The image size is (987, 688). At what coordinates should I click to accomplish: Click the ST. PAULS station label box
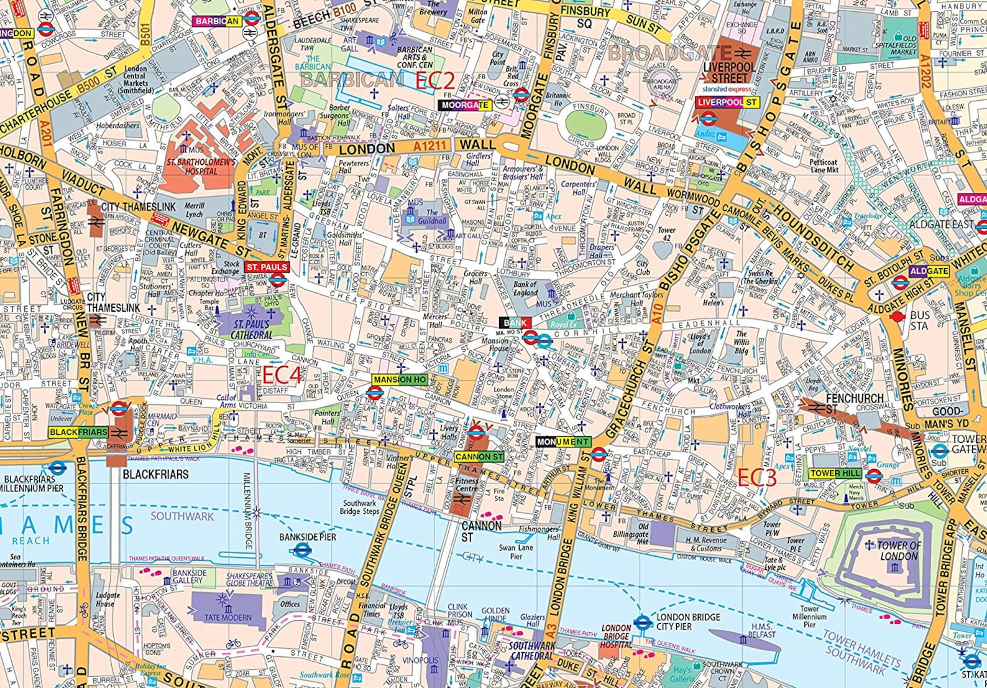[267, 267]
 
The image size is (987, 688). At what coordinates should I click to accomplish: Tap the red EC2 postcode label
[435, 81]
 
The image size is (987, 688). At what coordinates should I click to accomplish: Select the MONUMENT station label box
[563, 442]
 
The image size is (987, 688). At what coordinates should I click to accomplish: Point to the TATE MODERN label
[228, 618]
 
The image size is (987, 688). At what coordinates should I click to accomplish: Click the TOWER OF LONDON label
[899, 551]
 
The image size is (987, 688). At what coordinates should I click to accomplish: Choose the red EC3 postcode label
[756, 478]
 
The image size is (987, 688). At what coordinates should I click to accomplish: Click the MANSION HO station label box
[400, 379]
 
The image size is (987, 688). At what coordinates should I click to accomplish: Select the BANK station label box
[515, 322]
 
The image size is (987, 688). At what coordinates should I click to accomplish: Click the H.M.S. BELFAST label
[763, 630]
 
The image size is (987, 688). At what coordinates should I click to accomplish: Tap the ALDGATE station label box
[929, 271]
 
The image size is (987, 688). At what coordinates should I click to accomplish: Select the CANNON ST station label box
[479, 457]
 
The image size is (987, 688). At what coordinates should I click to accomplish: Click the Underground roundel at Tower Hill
[874, 476]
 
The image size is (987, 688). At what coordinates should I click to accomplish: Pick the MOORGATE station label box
[465, 105]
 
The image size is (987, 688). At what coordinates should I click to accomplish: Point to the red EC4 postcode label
[282, 375]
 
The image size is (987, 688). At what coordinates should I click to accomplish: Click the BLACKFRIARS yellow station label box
[78, 432]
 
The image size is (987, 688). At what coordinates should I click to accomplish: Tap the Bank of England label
[525, 289]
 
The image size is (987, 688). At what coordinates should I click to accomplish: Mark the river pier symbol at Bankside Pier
[302, 550]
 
